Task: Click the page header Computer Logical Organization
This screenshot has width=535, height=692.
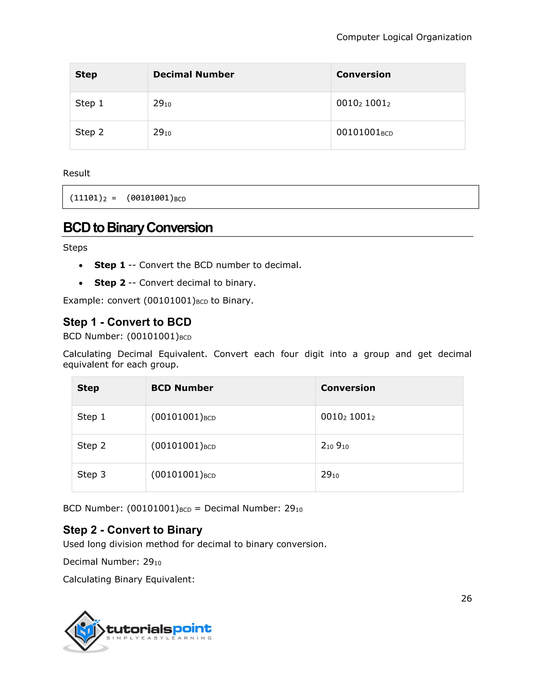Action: [x=404, y=37]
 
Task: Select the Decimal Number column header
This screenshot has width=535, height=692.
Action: [x=193, y=75]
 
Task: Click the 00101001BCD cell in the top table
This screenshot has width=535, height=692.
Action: [x=364, y=132]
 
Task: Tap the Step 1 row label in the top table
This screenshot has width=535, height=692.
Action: [x=89, y=104]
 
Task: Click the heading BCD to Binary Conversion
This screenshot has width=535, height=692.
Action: [x=138, y=228]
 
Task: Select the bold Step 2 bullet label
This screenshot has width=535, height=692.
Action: [x=110, y=283]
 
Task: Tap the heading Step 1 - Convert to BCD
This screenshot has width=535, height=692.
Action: [x=127, y=322]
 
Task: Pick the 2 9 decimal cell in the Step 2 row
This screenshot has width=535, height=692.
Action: [x=334, y=446]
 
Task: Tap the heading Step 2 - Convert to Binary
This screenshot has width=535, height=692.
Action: [x=132, y=530]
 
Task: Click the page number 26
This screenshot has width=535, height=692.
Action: [x=466, y=599]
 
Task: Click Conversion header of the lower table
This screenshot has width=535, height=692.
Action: [x=348, y=388]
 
